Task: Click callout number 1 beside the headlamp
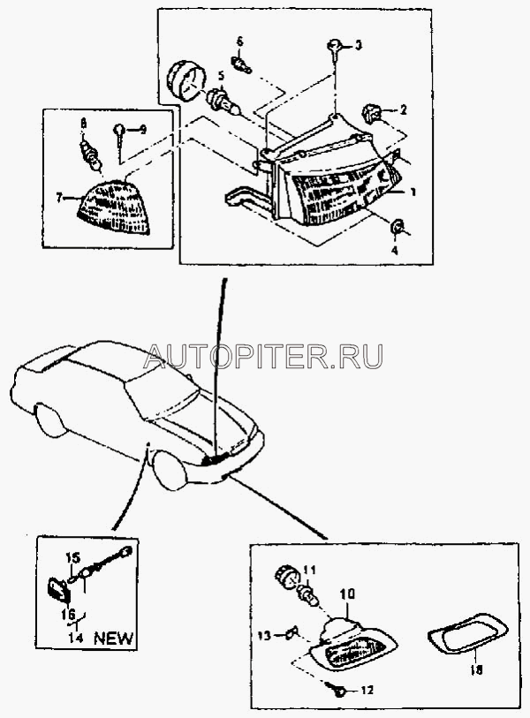point(413,193)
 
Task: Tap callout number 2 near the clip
point(403,110)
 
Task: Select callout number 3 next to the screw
point(359,45)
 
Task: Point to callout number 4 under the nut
point(394,250)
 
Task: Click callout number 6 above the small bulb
point(239,42)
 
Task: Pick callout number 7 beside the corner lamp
point(59,198)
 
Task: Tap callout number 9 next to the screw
point(143,130)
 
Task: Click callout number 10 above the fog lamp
point(347,594)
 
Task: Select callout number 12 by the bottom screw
point(367,690)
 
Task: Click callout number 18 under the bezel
point(476,670)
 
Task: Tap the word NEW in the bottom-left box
point(114,638)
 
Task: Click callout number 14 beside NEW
point(76,638)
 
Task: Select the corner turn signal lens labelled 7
point(113,207)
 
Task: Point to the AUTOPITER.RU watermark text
point(263,356)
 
